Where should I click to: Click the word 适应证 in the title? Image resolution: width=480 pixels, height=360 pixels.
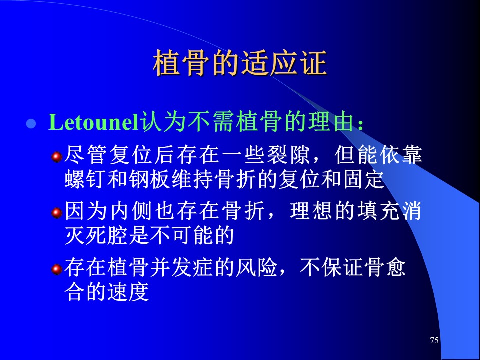point(284,63)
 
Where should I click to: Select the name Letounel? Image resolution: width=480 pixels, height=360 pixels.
point(94,122)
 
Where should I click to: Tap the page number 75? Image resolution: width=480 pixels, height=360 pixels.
point(434,340)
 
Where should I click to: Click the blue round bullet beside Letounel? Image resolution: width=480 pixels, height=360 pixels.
point(31,124)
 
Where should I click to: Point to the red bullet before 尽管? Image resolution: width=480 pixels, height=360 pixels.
point(57,157)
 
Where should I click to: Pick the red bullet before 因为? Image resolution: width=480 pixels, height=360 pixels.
point(57,213)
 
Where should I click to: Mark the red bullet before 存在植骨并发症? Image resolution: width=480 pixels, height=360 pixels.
point(57,269)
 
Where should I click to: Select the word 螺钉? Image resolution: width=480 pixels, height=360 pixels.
point(85,179)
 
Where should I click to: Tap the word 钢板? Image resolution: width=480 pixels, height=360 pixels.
point(149,179)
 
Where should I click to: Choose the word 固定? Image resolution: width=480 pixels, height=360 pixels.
point(364,179)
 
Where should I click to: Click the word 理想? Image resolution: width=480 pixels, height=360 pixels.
point(311,211)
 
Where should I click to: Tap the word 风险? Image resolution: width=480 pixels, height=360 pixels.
point(256,267)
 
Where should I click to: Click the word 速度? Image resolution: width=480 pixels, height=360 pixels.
point(128,291)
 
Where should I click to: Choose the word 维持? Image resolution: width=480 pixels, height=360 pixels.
point(192,179)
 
